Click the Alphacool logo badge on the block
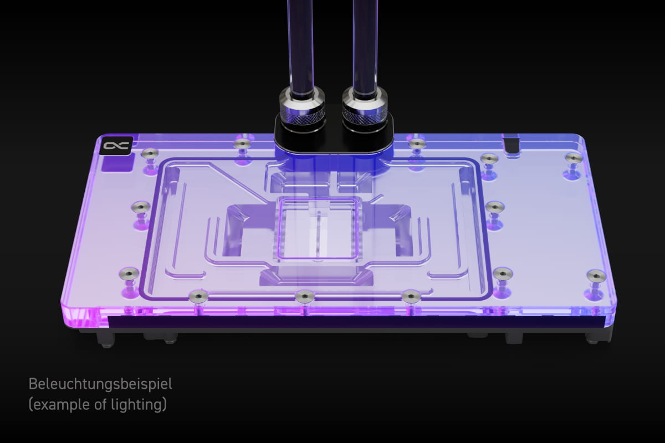tap(116, 146)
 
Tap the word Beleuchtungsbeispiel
tap(100, 384)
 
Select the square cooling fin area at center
tap(318, 229)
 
